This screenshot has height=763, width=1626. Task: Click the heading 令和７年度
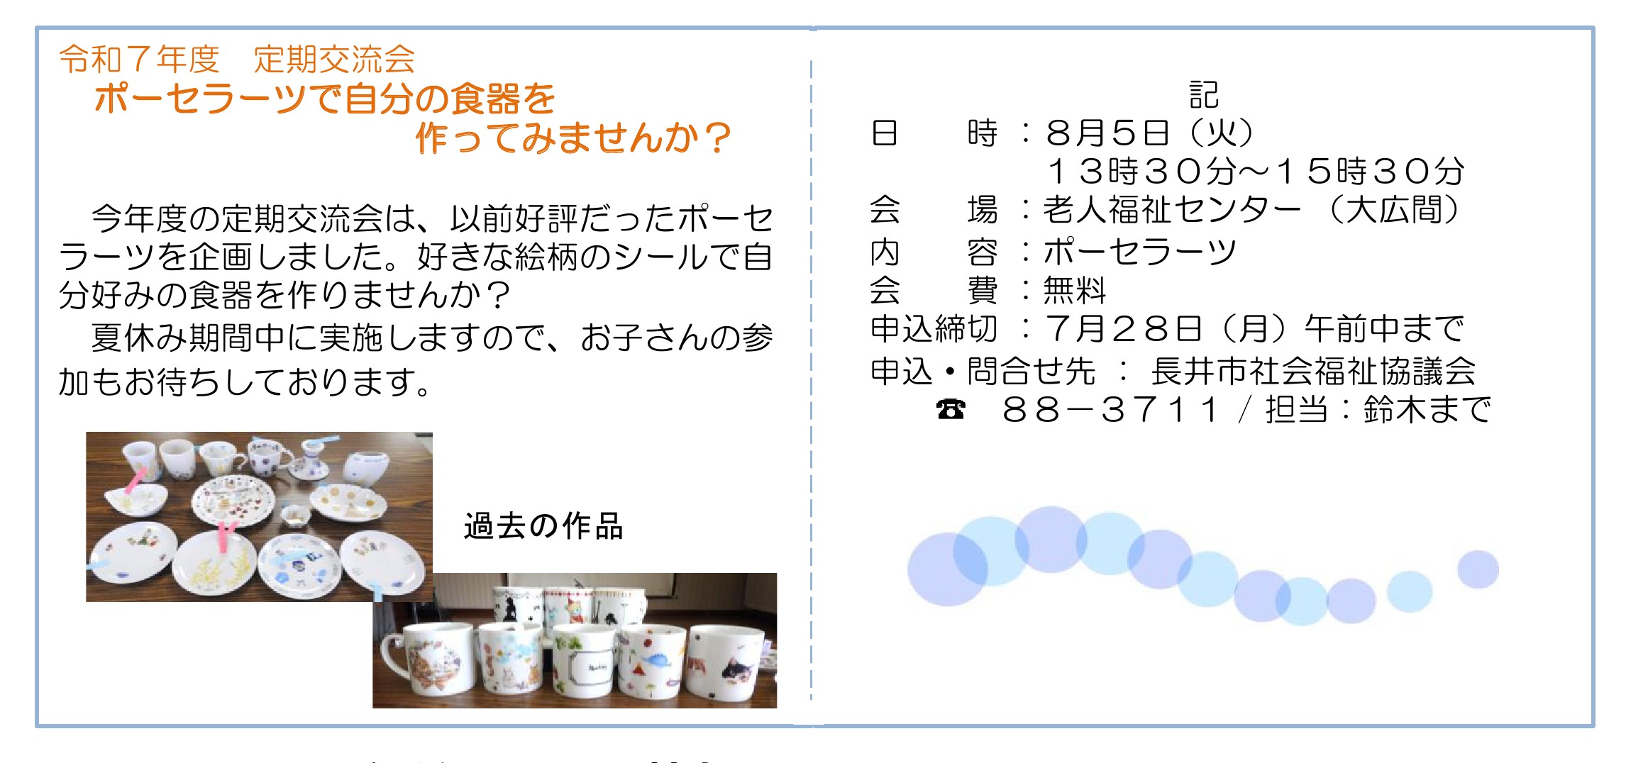click(x=139, y=59)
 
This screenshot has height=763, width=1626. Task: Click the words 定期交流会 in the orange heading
click(x=334, y=59)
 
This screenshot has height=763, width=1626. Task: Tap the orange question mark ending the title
click(x=718, y=138)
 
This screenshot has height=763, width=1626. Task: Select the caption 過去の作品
click(x=543, y=527)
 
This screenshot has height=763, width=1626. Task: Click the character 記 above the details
click(x=1204, y=94)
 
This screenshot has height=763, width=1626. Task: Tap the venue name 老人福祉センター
click(x=1172, y=210)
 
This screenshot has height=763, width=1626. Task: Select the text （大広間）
click(x=1395, y=210)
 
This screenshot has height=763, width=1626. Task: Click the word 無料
click(x=1074, y=290)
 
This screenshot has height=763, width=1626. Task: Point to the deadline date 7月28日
click(x=1124, y=328)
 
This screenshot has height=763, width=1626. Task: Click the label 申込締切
click(x=934, y=328)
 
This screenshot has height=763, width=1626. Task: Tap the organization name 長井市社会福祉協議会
click(x=1313, y=371)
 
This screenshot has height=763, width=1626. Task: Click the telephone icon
click(x=951, y=409)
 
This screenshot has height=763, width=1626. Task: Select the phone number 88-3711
click(x=1110, y=410)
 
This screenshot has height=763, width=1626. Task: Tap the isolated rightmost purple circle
click(x=1478, y=569)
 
